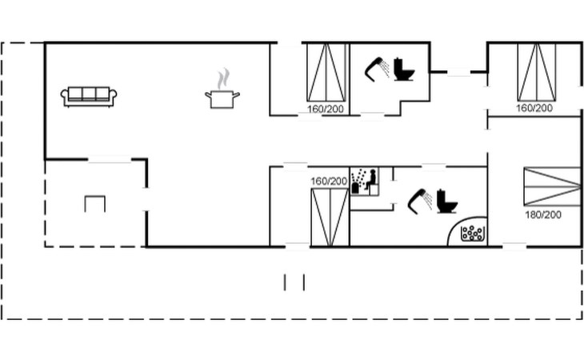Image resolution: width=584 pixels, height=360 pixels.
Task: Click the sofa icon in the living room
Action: click(x=89, y=97)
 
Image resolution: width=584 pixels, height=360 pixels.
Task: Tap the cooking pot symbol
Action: click(x=222, y=99)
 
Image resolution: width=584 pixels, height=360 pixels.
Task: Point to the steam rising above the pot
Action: click(x=223, y=78)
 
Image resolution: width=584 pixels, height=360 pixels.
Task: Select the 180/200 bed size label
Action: click(x=543, y=215)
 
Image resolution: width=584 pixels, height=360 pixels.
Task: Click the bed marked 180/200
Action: click(x=552, y=186)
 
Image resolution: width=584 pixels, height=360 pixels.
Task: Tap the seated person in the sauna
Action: click(x=371, y=179)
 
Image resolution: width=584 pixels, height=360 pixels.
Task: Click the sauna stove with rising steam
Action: click(x=357, y=182)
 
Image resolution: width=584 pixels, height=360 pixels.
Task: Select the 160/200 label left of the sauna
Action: click(x=329, y=182)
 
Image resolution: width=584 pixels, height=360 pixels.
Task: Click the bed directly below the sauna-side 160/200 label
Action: click(x=330, y=218)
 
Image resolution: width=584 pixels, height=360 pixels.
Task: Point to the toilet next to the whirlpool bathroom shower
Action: click(x=446, y=202)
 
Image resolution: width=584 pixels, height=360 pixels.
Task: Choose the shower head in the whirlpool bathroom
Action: click(x=420, y=202)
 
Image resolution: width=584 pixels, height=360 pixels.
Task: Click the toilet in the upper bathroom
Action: click(x=404, y=70)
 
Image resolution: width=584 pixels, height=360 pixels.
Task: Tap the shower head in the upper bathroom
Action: click(x=377, y=70)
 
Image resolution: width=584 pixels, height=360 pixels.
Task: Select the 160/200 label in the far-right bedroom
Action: click(x=534, y=108)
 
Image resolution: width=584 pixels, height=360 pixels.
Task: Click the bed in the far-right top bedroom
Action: click(x=537, y=72)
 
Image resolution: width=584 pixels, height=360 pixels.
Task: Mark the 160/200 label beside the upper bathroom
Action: click(x=325, y=110)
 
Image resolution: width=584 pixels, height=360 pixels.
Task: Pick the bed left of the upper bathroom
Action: click(x=326, y=73)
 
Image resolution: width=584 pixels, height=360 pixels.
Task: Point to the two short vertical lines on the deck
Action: click(x=294, y=282)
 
